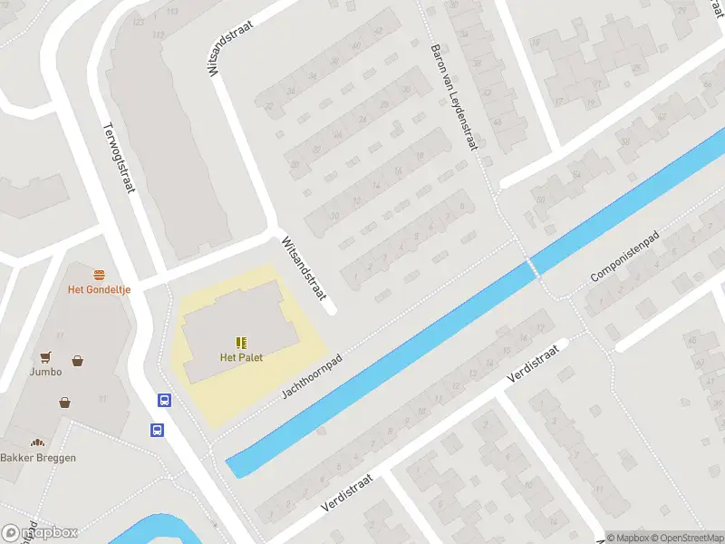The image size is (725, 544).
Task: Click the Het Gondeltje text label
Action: click(99, 290)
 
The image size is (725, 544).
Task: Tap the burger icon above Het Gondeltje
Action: click(99, 274)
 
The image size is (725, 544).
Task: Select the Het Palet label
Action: click(241, 357)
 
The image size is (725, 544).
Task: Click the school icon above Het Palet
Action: click(241, 342)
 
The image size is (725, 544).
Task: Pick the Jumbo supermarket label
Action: click(44, 372)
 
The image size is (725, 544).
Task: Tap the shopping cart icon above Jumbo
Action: click(44, 356)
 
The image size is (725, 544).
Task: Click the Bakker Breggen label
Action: click(38, 458)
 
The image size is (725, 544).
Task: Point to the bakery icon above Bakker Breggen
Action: click(37, 442)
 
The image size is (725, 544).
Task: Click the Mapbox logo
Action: click(40, 533)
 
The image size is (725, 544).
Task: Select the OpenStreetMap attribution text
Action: click(686, 538)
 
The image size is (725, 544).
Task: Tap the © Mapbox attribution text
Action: click(627, 538)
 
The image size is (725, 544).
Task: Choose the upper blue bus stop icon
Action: click(165, 400)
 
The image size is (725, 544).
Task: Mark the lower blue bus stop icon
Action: click(158, 430)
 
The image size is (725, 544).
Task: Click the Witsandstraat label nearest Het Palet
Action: click(303, 269)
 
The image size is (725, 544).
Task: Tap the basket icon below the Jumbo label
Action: click(65, 402)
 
